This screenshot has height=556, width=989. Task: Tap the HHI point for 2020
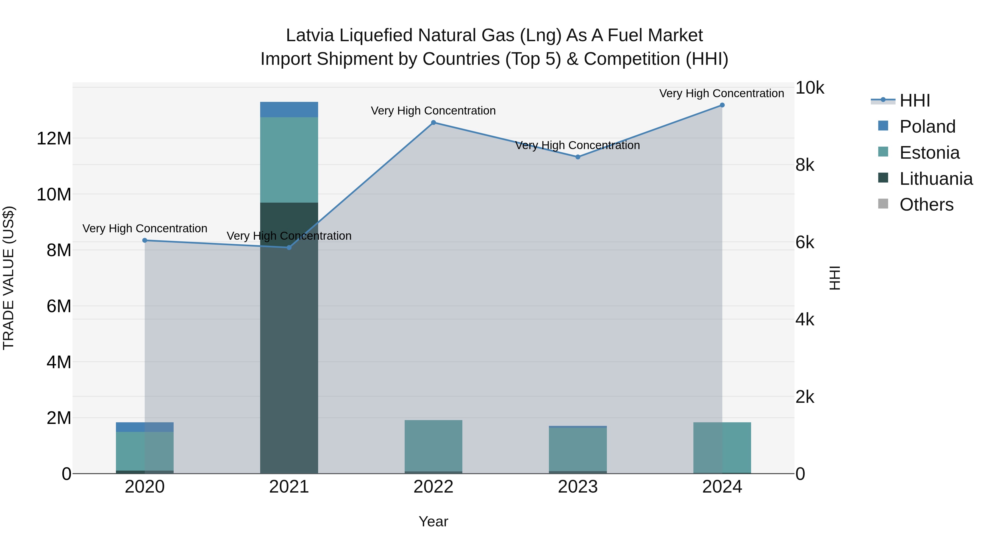click(x=145, y=240)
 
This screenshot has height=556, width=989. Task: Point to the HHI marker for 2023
click(x=577, y=157)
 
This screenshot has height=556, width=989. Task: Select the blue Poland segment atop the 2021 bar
click(x=289, y=109)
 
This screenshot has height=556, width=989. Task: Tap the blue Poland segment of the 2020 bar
click(x=145, y=427)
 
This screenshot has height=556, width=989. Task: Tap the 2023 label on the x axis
click(x=577, y=487)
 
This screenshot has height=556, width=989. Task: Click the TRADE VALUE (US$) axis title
click(x=9, y=278)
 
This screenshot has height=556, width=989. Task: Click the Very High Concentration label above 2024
click(x=721, y=93)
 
